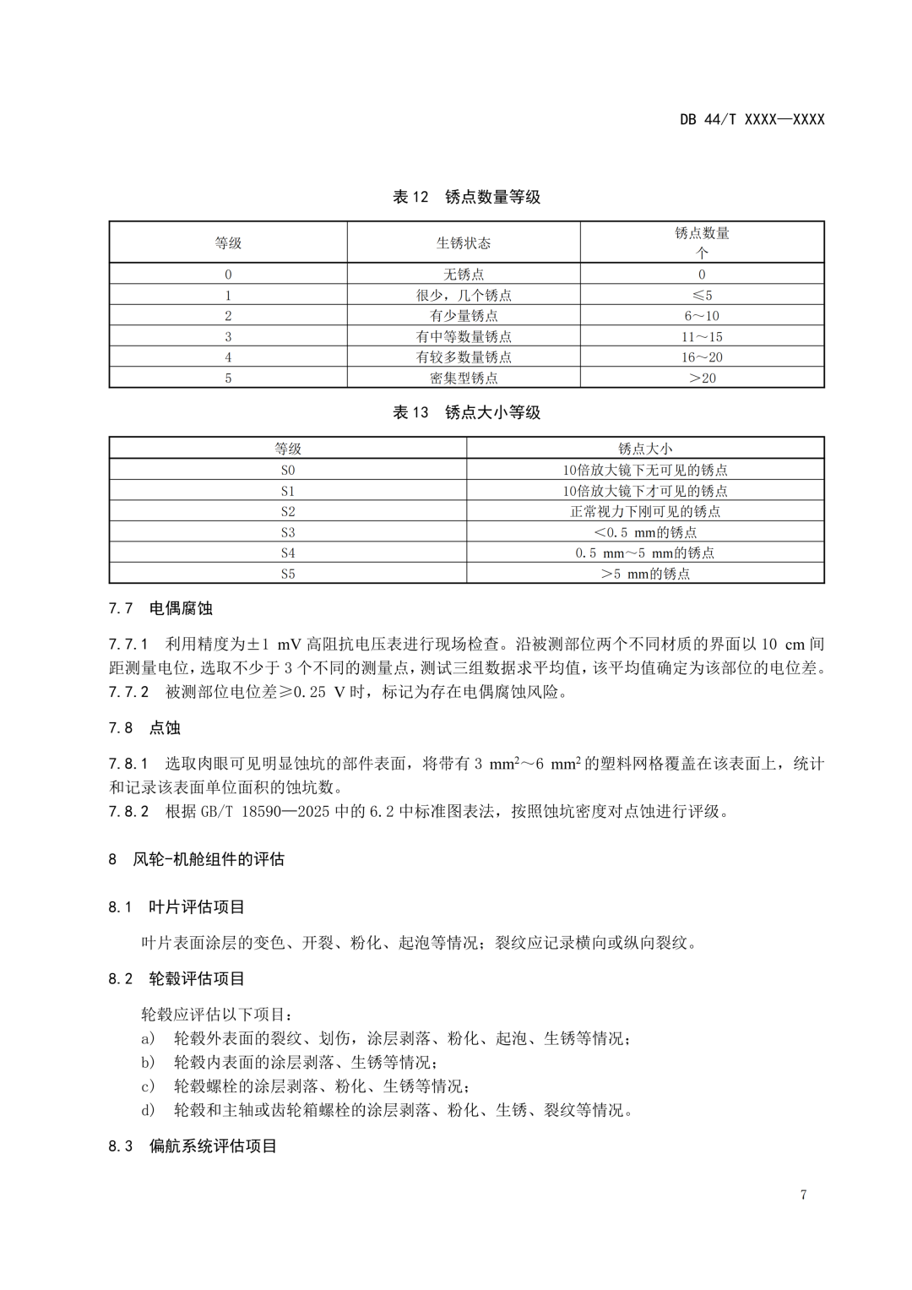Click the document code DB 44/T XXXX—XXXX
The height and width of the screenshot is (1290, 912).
point(752,119)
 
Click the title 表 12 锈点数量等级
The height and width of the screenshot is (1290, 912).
point(466,197)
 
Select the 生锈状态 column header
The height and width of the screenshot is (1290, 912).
point(463,242)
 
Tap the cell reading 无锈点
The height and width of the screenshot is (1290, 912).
point(463,274)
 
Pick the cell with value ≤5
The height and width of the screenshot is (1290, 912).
point(702,295)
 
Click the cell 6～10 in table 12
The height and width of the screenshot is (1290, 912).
point(702,315)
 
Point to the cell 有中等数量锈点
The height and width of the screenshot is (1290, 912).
point(463,336)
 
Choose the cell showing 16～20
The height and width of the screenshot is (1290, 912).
point(702,357)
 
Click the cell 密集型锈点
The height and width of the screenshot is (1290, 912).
point(463,378)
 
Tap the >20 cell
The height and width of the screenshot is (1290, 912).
point(702,378)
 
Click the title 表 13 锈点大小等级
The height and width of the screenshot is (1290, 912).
point(466,412)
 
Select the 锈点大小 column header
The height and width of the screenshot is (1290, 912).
point(645,449)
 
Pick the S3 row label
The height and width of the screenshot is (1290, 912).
point(288,532)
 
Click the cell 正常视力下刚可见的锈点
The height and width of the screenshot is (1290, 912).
point(645,511)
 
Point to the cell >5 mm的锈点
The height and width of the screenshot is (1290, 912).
point(645,574)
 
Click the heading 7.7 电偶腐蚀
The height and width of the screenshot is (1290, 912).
point(160,608)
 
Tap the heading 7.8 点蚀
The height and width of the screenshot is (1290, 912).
point(144,728)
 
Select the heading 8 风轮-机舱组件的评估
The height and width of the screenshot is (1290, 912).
point(197,859)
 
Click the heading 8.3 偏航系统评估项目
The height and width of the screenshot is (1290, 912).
point(193,1146)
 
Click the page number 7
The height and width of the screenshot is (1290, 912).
point(803,1195)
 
